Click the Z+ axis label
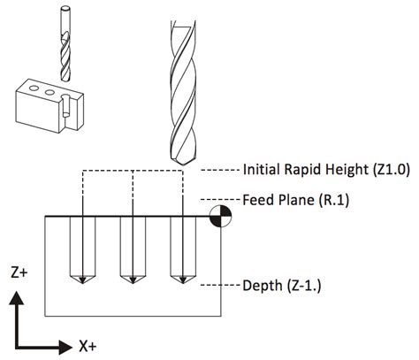[19, 275]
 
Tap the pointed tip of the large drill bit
[182, 164]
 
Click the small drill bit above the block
[64, 44]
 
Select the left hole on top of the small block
[33, 89]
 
